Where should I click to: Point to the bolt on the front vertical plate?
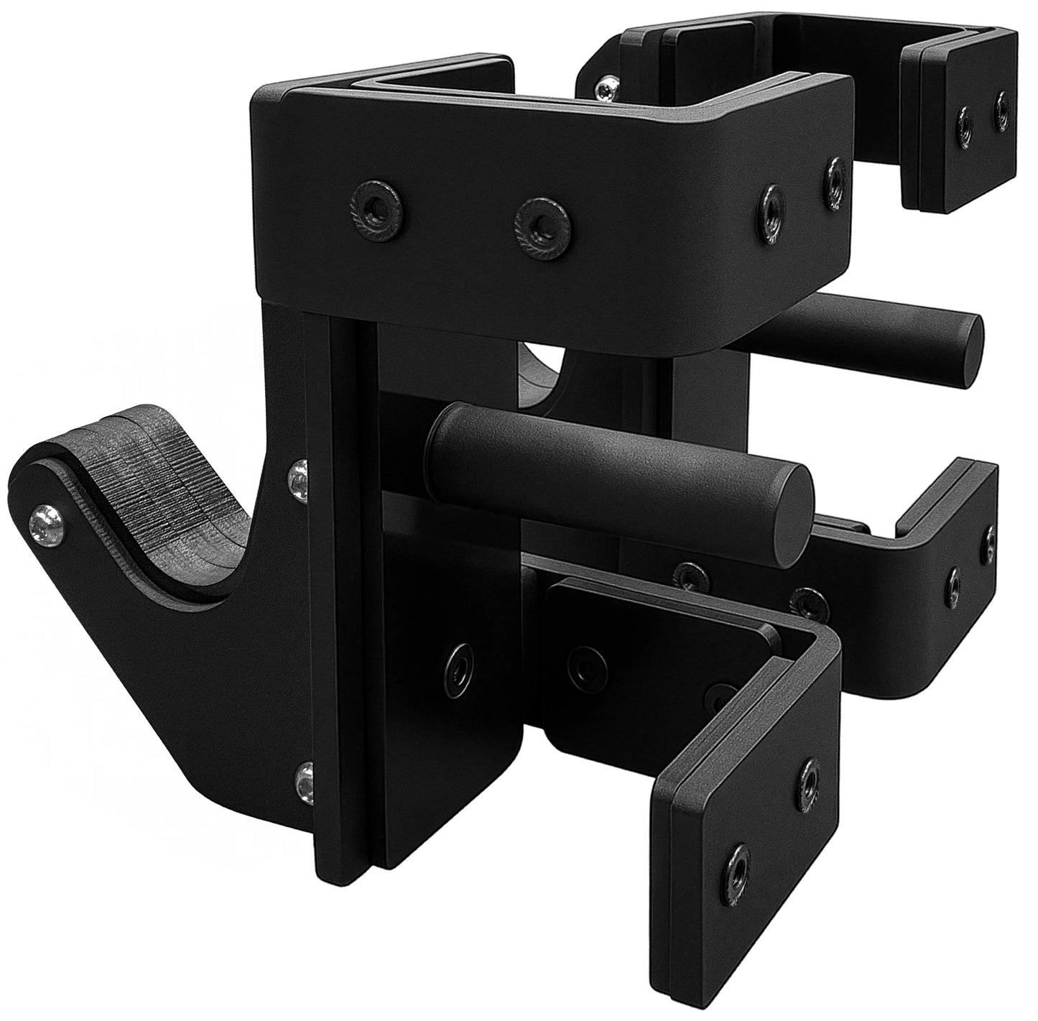[456, 659]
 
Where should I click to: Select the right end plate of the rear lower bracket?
[970, 553]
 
